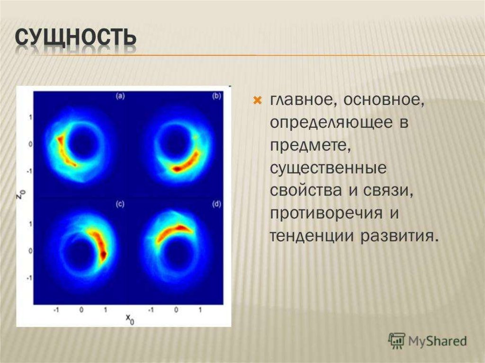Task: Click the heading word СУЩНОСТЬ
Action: (x=75, y=37)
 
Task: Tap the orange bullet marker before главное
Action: (x=258, y=100)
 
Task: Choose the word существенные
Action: (x=328, y=168)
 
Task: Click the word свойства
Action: (x=305, y=191)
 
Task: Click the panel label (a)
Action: (x=120, y=96)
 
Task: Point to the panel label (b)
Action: (x=216, y=96)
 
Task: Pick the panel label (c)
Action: (x=120, y=204)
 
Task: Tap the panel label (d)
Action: (x=216, y=204)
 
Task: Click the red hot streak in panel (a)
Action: (x=65, y=151)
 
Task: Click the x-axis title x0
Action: (x=130, y=319)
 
